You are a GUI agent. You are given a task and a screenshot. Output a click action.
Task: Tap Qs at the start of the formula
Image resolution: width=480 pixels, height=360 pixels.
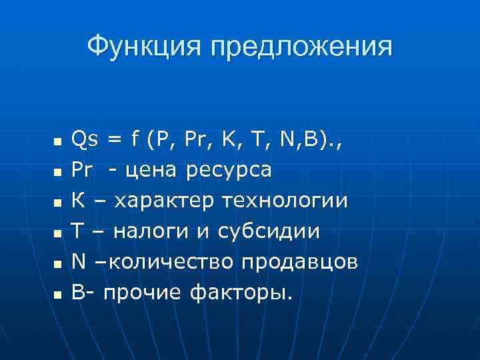85,139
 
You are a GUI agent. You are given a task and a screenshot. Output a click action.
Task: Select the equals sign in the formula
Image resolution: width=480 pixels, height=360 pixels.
115,139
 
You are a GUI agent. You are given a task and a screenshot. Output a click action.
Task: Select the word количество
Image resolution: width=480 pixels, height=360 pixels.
169,261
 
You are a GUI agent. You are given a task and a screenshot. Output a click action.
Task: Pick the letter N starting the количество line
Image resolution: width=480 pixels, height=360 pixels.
78,261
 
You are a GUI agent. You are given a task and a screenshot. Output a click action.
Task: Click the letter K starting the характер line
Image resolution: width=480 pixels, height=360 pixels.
77,201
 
